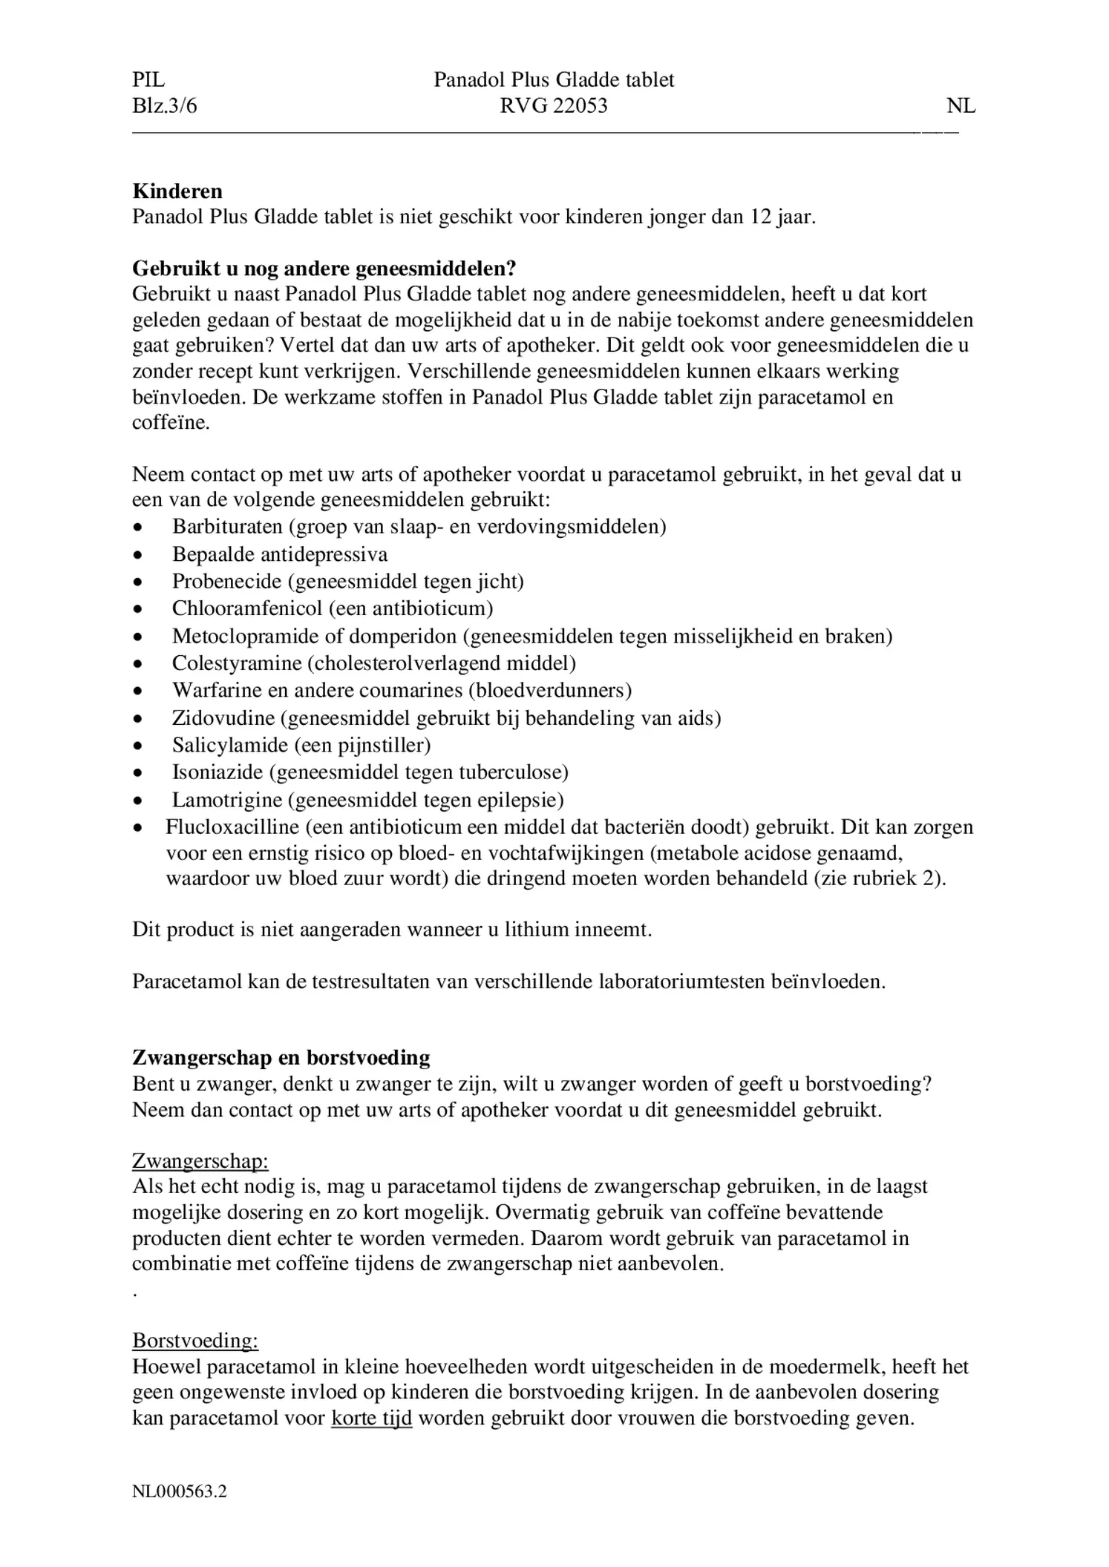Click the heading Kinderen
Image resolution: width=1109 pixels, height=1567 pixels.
[177, 191]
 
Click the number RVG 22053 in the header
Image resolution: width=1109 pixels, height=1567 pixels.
[554, 106]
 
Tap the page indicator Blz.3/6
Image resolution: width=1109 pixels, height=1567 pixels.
[165, 106]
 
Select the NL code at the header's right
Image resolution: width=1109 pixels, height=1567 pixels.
[961, 106]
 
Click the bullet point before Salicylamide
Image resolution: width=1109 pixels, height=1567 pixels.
[137, 746]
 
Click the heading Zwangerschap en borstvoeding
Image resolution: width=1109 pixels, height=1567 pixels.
[281, 1057]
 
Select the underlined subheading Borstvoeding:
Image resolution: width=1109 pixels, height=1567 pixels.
[195, 1341]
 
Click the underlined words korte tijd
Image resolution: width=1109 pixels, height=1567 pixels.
[371, 1419]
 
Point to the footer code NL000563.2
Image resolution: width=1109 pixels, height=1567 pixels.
[180, 1491]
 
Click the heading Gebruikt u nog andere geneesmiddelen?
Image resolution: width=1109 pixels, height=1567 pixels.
[324, 268]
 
